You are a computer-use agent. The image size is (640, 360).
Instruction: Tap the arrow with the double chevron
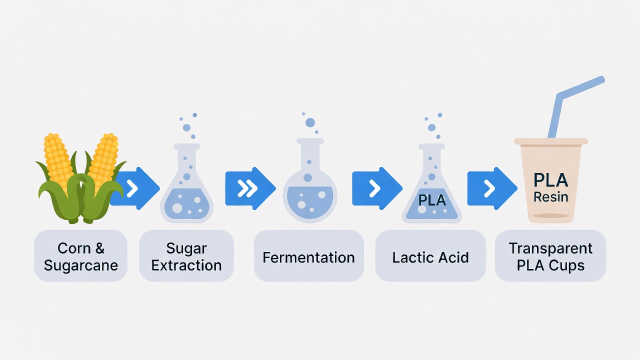pyautogui.click(x=250, y=188)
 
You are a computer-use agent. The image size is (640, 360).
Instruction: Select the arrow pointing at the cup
pyautogui.click(x=492, y=188)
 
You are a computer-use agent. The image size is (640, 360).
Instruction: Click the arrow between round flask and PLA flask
pyautogui.click(x=377, y=188)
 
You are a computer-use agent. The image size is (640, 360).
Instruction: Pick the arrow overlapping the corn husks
pyautogui.click(x=135, y=188)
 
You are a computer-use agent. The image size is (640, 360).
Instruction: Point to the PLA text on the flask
pyautogui.click(x=431, y=200)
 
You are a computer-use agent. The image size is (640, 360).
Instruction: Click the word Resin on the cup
pyautogui.click(x=550, y=197)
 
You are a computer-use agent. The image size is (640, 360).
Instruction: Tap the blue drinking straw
pyautogui.click(x=575, y=107)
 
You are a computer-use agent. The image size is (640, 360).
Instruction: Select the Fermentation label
pyautogui.click(x=308, y=257)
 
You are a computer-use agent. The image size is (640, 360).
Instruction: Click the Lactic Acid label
pyautogui.click(x=430, y=257)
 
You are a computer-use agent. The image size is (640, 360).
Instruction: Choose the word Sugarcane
pyautogui.click(x=81, y=265)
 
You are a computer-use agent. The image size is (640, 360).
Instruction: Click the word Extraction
pyautogui.click(x=186, y=265)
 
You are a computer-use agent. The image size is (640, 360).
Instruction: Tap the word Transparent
pyautogui.click(x=550, y=248)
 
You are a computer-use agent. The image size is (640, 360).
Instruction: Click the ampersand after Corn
pyautogui.click(x=99, y=248)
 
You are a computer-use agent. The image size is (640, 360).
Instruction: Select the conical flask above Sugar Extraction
pyautogui.click(x=186, y=183)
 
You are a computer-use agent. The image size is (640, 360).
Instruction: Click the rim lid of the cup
pyautogui.click(x=551, y=141)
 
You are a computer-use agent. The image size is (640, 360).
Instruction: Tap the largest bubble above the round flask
pyautogui.click(x=310, y=122)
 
